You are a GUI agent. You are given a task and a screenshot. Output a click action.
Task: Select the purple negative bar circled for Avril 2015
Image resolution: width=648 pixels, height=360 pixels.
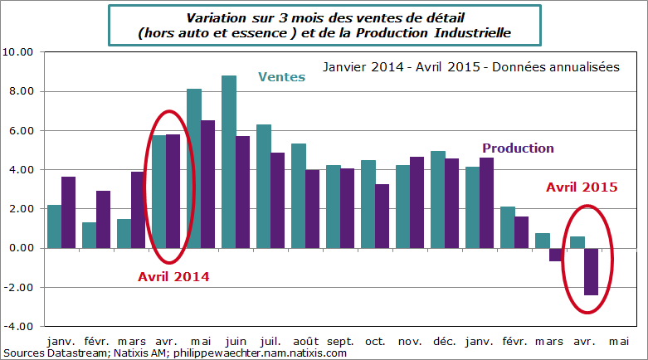point(591,271)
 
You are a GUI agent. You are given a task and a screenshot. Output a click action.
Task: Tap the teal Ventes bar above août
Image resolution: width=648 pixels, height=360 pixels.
point(299,196)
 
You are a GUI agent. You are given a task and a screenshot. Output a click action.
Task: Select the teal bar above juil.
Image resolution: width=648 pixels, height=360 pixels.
point(264,186)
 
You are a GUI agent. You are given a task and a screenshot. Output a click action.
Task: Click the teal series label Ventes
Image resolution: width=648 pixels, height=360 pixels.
point(281,77)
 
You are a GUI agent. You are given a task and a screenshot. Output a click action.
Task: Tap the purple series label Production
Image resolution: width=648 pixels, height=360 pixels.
point(518,148)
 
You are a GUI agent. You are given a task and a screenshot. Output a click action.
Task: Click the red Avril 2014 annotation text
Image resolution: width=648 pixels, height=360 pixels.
point(173,276)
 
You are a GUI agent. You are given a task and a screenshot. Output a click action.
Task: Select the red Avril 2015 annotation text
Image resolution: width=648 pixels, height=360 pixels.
point(581,187)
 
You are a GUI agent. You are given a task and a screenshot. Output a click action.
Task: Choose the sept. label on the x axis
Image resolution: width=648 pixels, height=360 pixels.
point(340,341)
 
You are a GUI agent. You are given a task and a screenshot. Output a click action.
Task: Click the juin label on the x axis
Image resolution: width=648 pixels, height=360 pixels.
point(236,341)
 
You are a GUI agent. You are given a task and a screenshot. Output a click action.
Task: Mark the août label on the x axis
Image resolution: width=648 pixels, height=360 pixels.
point(305,341)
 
